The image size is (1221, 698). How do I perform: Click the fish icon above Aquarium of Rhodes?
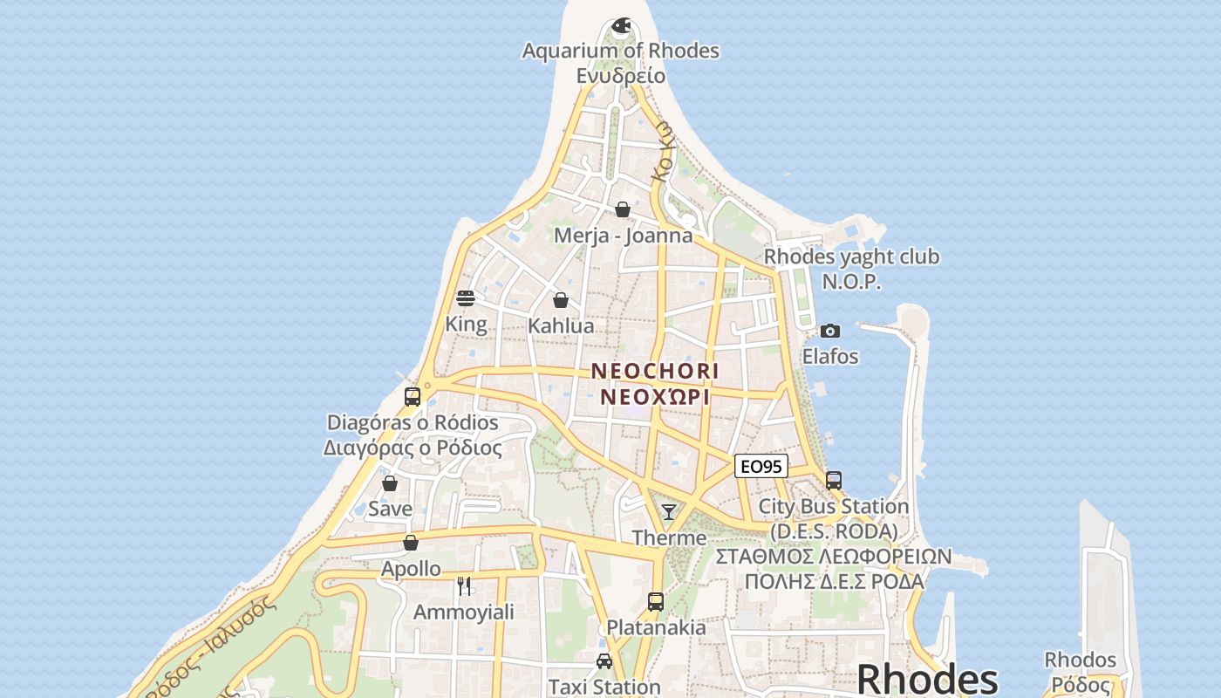point(621,26)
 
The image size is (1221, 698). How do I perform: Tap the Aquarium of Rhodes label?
point(621,51)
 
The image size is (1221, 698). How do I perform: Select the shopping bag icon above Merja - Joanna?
point(623,209)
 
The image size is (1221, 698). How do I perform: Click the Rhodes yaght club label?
point(851,257)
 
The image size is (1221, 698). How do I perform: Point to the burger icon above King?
point(466,298)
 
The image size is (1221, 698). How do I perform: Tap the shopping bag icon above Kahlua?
point(561,300)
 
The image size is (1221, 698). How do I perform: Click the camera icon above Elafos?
point(830,331)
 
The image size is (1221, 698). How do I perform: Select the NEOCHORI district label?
point(655,371)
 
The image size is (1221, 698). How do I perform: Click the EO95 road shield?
point(761,467)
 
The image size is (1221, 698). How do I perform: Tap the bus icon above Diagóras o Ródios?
point(413,397)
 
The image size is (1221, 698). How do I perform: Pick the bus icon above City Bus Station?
point(834,481)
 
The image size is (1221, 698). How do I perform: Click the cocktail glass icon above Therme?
point(669,512)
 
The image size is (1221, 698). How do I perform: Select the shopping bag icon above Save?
point(390,482)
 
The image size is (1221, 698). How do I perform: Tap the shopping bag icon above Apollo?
point(411,543)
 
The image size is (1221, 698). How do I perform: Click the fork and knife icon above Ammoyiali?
point(464,585)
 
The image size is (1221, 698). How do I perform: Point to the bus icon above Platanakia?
point(656,602)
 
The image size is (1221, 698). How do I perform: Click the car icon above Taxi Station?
point(604,661)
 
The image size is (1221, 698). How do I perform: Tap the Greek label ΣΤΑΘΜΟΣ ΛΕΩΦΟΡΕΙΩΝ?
point(834,557)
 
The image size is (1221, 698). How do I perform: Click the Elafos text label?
point(830,356)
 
